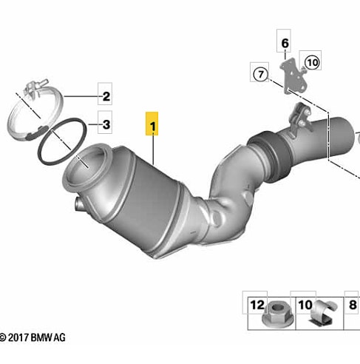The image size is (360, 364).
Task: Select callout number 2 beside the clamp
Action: coord(106,96)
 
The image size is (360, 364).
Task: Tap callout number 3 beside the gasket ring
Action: coord(106,124)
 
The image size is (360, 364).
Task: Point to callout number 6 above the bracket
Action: coord(285,44)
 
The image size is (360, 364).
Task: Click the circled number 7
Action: coord(260,74)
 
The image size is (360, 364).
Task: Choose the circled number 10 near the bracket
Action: coord(313,62)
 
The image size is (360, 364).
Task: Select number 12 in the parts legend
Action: coord(257,305)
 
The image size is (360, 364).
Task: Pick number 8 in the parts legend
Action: coord(353,305)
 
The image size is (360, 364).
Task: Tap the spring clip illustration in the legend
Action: coord(323,313)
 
